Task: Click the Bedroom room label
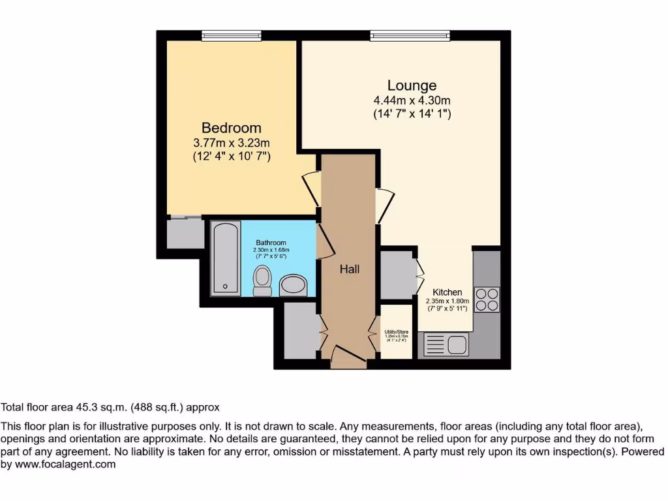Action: click(231, 128)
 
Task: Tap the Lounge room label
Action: click(412, 85)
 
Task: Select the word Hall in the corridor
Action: click(349, 269)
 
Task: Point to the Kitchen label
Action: click(448, 292)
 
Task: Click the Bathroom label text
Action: click(271, 243)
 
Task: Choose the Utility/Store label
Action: click(395, 332)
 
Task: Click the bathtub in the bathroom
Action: click(226, 258)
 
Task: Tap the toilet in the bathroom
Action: click(262, 281)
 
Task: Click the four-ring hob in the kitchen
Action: click(487, 299)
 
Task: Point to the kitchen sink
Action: click(446, 344)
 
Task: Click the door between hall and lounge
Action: click(384, 205)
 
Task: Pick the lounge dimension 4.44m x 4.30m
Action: click(412, 100)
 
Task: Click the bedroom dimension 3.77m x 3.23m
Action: click(231, 143)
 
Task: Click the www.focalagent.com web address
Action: click(65, 464)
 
